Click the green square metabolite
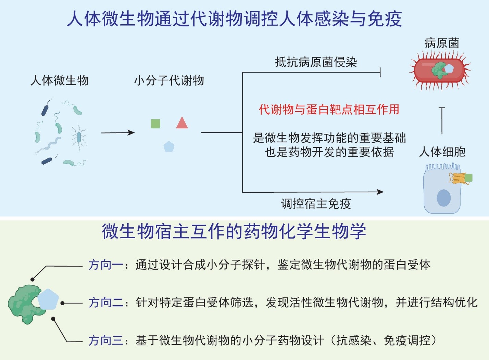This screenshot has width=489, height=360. click(155, 124)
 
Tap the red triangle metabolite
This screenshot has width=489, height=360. click(182, 123)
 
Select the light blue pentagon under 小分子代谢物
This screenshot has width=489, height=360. click(169, 146)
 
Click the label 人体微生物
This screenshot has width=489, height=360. click(59, 80)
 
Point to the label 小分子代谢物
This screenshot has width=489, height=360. click(169, 80)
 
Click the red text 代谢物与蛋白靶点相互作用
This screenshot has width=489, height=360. click(329, 109)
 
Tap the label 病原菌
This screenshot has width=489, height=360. click(442, 43)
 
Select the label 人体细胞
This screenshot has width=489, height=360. click(442, 152)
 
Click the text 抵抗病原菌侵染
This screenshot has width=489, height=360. click(316, 62)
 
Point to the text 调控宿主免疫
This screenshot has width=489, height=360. click(316, 204)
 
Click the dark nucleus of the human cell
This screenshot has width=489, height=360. click(443, 198)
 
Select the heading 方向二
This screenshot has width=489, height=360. click(106, 303)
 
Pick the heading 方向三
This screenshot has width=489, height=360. click(106, 340)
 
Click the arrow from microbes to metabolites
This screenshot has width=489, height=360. click(118, 133)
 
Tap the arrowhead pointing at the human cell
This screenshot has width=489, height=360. click(380, 192)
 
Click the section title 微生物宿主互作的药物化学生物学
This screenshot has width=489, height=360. click(234, 231)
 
